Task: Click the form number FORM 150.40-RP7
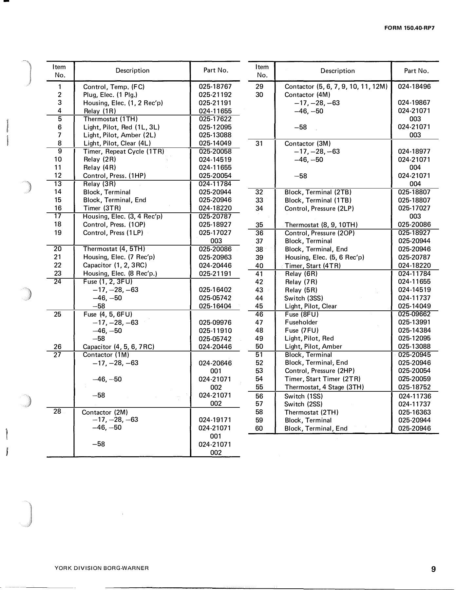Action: (x=409, y=28)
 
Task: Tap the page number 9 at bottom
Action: (x=433, y=569)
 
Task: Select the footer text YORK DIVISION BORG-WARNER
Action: (x=102, y=568)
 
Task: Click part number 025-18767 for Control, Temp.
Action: (x=215, y=87)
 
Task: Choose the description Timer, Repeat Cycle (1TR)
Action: (x=124, y=151)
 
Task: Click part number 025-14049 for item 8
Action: (x=215, y=143)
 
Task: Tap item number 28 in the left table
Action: (x=57, y=411)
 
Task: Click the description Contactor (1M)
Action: (x=106, y=355)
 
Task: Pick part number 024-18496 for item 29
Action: (x=414, y=87)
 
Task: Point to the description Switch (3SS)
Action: (x=304, y=298)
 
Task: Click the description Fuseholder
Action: (x=301, y=322)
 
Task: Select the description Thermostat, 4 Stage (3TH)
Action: (x=324, y=387)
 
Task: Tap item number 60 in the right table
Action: (x=259, y=428)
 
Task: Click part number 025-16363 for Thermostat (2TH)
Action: (x=414, y=412)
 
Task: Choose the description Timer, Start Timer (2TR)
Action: (x=323, y=379)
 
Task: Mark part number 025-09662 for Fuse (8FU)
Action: (x=414, y=314)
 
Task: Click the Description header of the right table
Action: (x=337, y=71)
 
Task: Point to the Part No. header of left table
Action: (x=216, y=70)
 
